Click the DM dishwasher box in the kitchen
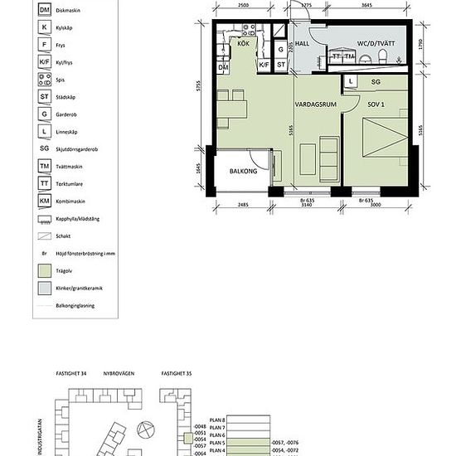223,67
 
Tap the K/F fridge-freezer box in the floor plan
264,65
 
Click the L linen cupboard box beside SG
352,81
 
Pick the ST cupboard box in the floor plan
281,65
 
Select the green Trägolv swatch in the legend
44,269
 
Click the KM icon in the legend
44,200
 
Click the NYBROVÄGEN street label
119,374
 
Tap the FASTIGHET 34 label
72,374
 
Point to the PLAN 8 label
217,420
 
